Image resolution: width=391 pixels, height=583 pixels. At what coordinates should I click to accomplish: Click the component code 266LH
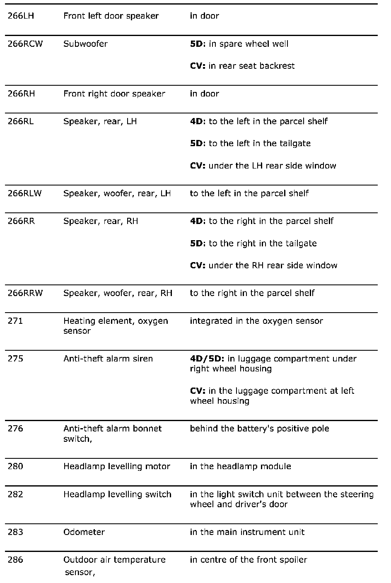point(19,16)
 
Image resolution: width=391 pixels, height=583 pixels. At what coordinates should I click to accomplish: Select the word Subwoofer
point(85,44)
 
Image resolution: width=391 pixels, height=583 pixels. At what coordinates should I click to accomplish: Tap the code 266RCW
point(25,44)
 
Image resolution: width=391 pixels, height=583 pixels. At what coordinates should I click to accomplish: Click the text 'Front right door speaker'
point(114,94)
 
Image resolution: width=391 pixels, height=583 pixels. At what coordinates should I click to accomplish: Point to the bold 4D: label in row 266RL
point(198,121)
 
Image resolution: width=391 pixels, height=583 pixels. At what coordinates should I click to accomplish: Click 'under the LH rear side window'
point(272,166)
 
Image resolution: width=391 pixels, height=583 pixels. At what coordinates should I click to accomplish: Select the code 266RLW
point(25,193)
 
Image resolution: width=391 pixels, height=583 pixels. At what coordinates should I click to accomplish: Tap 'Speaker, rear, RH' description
point(101,221)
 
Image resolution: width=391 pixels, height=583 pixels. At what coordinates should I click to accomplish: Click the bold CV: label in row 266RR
point(198,265)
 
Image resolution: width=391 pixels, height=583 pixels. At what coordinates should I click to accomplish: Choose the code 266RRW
point(25,293)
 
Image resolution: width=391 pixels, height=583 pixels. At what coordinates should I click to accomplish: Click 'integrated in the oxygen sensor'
point(256,321)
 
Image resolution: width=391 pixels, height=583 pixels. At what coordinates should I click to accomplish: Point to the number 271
point(15,321)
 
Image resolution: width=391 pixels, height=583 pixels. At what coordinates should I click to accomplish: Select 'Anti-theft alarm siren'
point(108,359)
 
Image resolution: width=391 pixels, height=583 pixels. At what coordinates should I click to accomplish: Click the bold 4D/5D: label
point(208,359)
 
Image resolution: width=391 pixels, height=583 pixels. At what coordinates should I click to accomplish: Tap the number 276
point(15,429)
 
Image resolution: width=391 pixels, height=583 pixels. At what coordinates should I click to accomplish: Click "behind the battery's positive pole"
point(259,429)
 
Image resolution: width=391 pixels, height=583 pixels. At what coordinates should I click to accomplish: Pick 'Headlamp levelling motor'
point(117,466)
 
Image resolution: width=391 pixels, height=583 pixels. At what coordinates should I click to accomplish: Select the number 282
point(15,494)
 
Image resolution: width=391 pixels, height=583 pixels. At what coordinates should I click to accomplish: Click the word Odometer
point(84,532)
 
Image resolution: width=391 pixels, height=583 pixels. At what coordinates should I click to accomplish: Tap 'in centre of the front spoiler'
point(249,560)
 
